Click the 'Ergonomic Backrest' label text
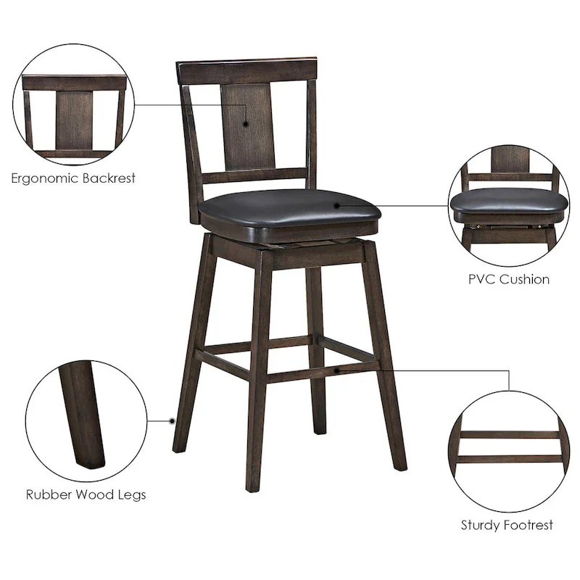pyautogui.click(x=73, y=178)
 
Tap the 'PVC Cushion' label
pyautogui.click(x=507, y=278)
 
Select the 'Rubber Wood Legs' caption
pyautogui.click(x=86, y=495)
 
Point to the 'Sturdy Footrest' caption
pyautogui.click(x=507, y=524)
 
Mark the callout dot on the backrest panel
pyautogui.click(x=246, y=124)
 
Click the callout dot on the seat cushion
pyautogui.click(x=336, y=206)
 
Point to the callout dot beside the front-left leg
pyautogui.click(x=173, y=420)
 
